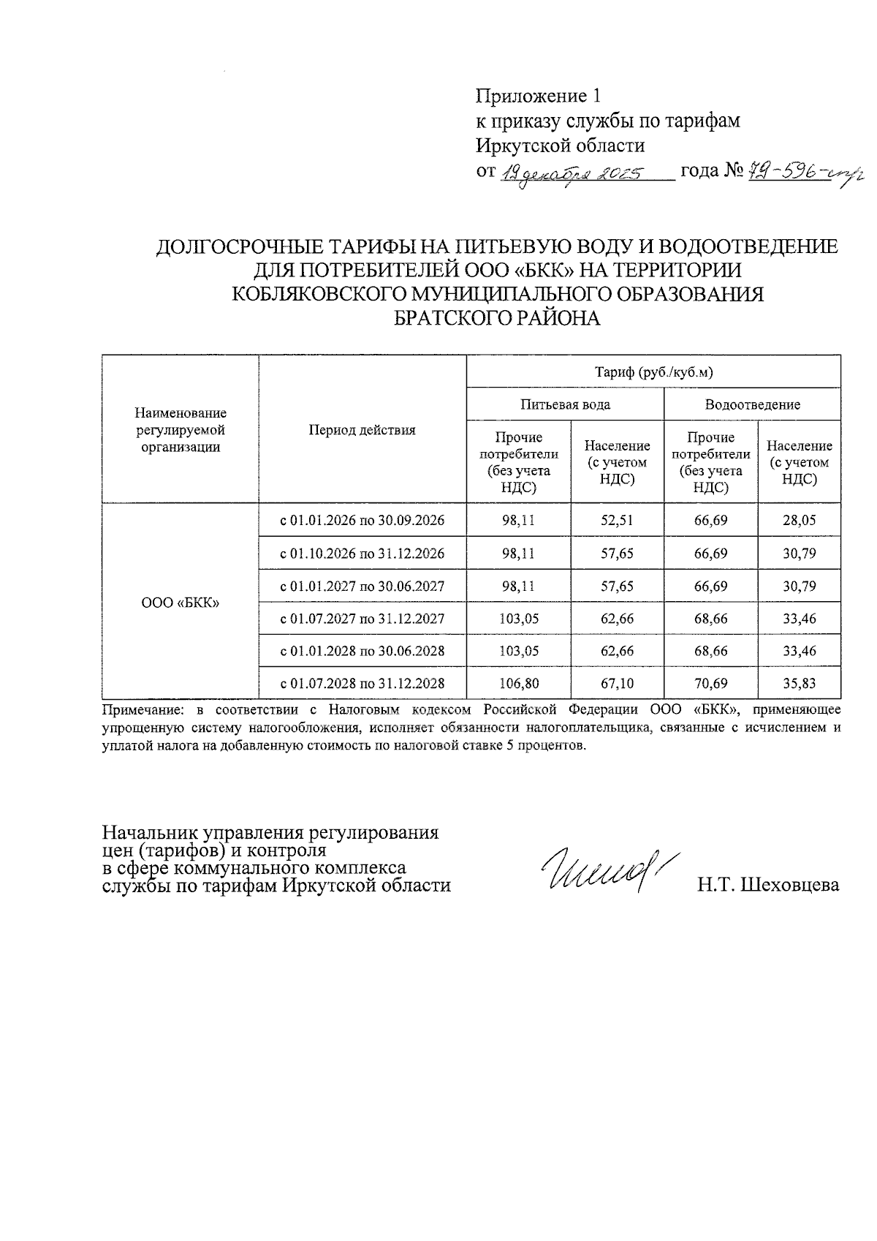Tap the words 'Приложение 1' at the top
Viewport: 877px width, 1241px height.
(x=538, y=96)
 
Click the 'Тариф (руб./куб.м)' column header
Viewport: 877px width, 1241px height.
(x=653, y=372)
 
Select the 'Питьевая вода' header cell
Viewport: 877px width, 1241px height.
(x=565, y=404)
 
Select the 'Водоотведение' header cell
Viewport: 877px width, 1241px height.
(x=752, y=404)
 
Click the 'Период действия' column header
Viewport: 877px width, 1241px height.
(x=362, y=430)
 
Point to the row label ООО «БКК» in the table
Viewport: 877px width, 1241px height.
(x=181, y=603)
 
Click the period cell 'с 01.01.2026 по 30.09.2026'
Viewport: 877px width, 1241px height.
(x=362, y=521)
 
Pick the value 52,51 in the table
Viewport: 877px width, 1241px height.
(x=617, y=521)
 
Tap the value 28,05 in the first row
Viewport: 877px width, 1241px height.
(x=799, y=521)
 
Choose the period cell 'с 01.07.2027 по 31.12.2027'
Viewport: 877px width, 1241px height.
(x=362, y=619)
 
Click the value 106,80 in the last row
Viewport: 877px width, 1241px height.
(x=518, y=684)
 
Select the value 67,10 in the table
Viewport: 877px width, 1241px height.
(x=617, y=684)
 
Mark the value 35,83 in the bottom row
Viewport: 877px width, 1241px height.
(x=799, y=684)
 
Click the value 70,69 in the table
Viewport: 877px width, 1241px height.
(x=710, y=684)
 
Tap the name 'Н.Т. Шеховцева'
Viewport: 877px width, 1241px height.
(x=767, y=885)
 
